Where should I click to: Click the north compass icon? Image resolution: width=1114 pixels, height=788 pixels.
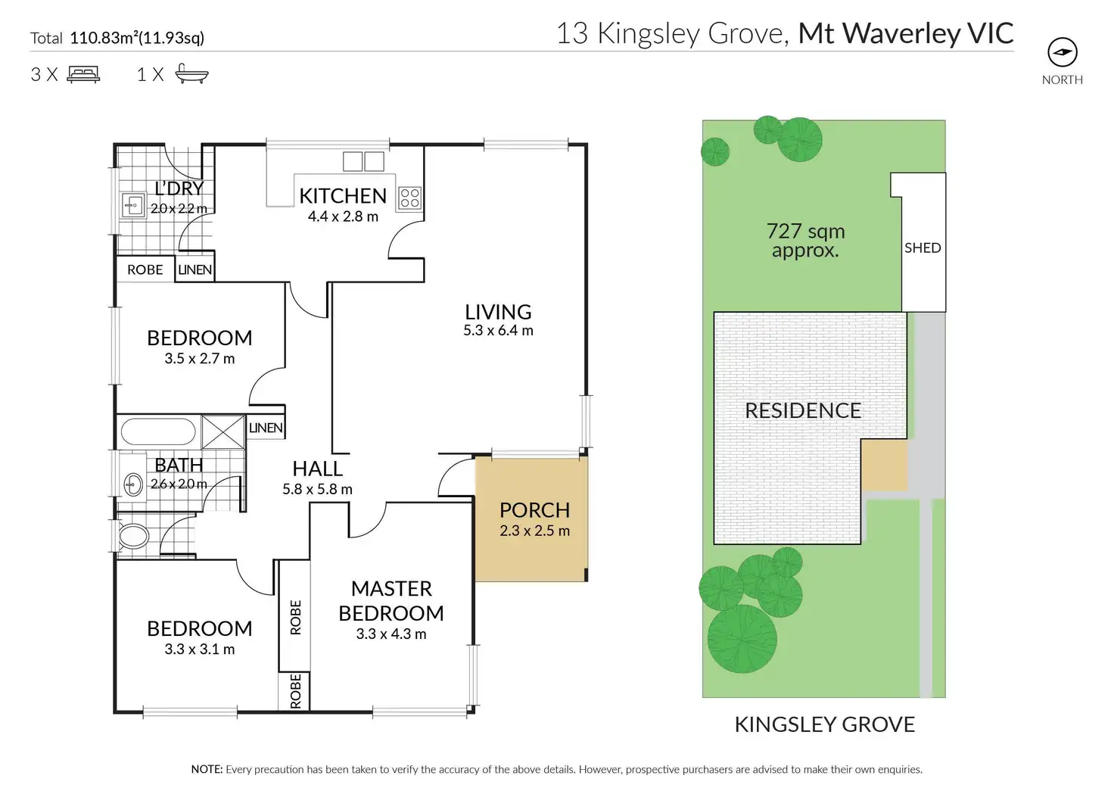(x=1062, y=52)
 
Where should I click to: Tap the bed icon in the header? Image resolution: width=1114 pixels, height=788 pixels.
(x=83, y=74)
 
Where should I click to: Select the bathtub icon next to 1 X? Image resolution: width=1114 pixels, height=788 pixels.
(x=191, y=73)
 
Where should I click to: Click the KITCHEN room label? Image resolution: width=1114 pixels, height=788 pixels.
(x=343, y=196)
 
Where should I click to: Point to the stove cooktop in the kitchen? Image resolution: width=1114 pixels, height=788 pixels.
(x=409, y=198)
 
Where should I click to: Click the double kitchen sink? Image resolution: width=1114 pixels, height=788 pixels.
(x=364, y=161)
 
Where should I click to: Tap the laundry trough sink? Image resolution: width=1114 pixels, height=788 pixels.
(x=134, y=204)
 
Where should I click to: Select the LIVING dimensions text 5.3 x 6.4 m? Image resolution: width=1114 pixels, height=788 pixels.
(x=498, y=331)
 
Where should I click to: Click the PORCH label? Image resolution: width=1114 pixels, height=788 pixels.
(x=534, y=510)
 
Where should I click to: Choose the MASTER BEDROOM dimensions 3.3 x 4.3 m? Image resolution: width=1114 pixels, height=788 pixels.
(x=391, y=634)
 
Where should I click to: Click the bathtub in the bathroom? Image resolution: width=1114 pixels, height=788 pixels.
(x=158, y=431)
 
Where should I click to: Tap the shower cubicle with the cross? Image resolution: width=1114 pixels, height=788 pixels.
(x=223, y=432)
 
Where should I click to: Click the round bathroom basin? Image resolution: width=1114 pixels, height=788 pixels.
(x=133, y=484)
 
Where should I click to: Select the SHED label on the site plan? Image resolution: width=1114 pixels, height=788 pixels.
(x=923, y=248)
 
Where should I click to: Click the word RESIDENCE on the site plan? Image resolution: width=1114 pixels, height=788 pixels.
(x=803, y=411)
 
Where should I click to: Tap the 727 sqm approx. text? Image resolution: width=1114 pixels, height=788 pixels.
(x=805, y=241)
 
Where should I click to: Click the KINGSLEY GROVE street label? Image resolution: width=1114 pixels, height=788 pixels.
(x=824, y=724)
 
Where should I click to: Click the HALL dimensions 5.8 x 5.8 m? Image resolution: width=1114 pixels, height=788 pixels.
(x=317, y=490)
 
